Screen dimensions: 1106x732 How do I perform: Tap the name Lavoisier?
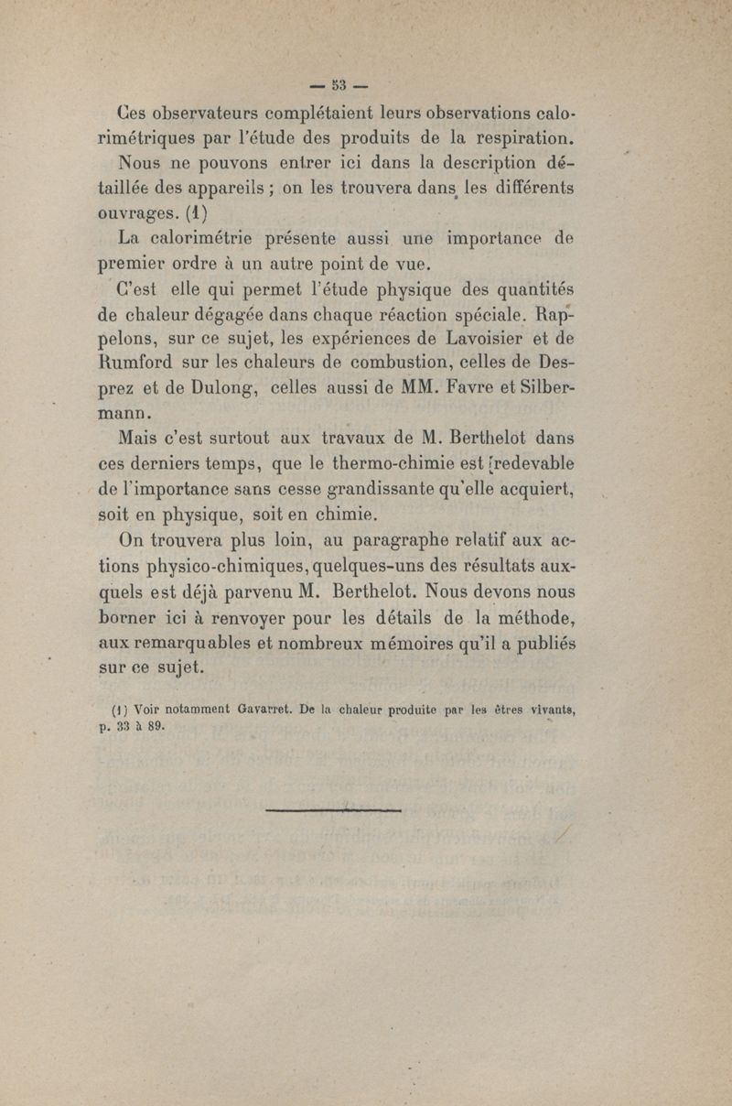pyautogui.click(x=524, y=343)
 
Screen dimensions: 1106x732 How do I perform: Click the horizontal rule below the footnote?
pyautogui.click(x=333, y=810)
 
